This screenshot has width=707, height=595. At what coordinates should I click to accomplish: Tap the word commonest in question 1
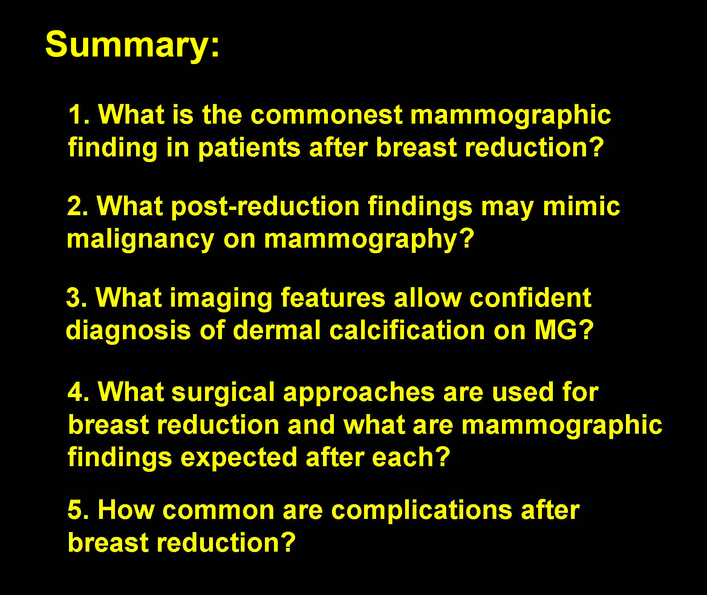(326, 115)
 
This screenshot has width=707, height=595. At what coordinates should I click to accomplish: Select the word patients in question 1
(249, 148)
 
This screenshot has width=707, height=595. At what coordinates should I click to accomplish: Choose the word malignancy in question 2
(141, 240)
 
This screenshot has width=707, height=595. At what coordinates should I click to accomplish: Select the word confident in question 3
(530, 298)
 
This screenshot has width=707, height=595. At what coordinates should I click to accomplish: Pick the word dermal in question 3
(277, 330)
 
